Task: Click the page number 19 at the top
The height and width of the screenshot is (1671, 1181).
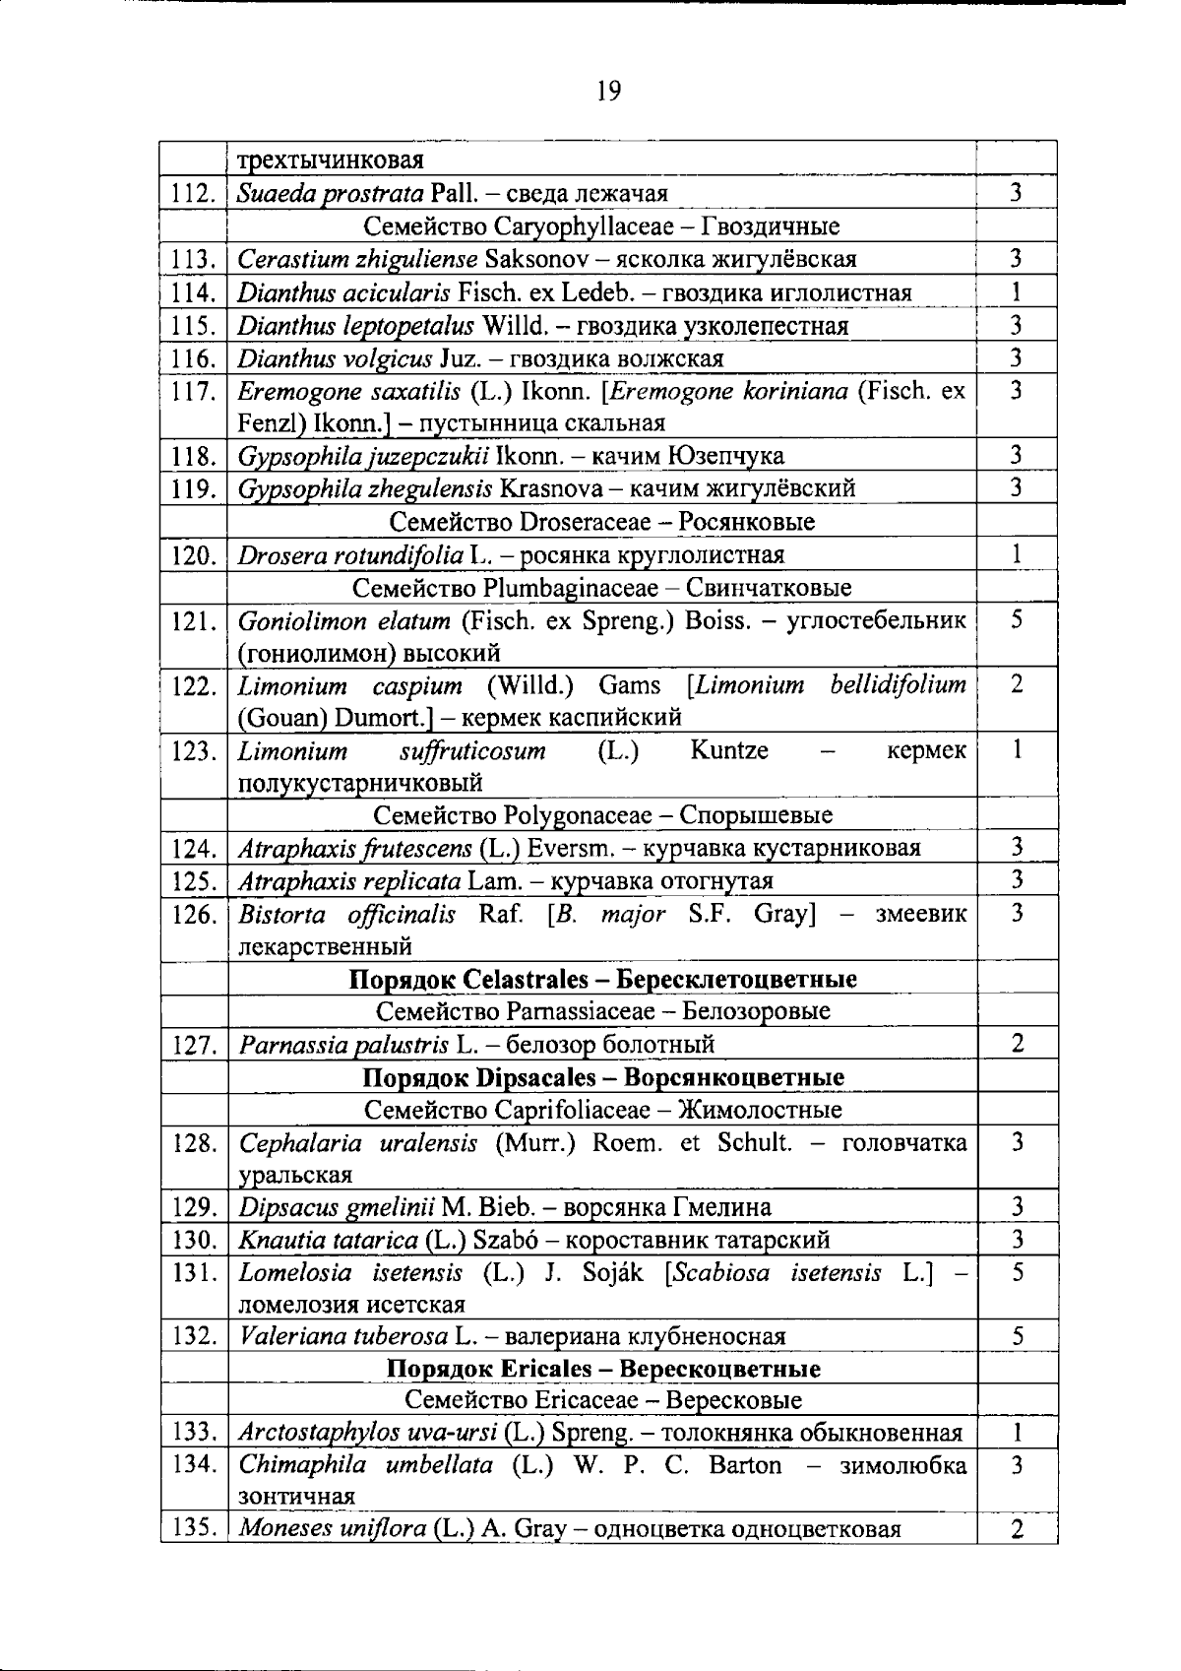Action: (x=608, y=92)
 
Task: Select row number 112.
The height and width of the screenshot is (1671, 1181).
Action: (x=192, y=194)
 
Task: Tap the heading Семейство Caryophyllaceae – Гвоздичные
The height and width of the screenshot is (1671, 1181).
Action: (x=601, y=226)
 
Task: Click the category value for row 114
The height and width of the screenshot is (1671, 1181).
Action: (x=1016, y=291)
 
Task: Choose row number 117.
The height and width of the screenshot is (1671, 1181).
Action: (x=192, y=392)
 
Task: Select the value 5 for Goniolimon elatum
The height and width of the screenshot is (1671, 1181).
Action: (x=1017, y=620)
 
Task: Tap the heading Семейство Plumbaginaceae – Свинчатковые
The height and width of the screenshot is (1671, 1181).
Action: (x=601, y=588)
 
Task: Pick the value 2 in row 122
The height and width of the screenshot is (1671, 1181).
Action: (x=1017, y=685)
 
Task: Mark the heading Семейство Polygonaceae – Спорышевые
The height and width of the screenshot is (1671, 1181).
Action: (x=603, y=815)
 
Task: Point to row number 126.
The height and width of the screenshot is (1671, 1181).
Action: (x=192, y=915)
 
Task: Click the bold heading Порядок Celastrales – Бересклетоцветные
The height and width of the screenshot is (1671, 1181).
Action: (x=603, y=979)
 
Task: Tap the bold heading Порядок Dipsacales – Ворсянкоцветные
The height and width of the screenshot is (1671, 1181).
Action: (x=603, y=1077)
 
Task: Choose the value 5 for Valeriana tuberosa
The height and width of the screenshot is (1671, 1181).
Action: (x=1018, y=1336)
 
